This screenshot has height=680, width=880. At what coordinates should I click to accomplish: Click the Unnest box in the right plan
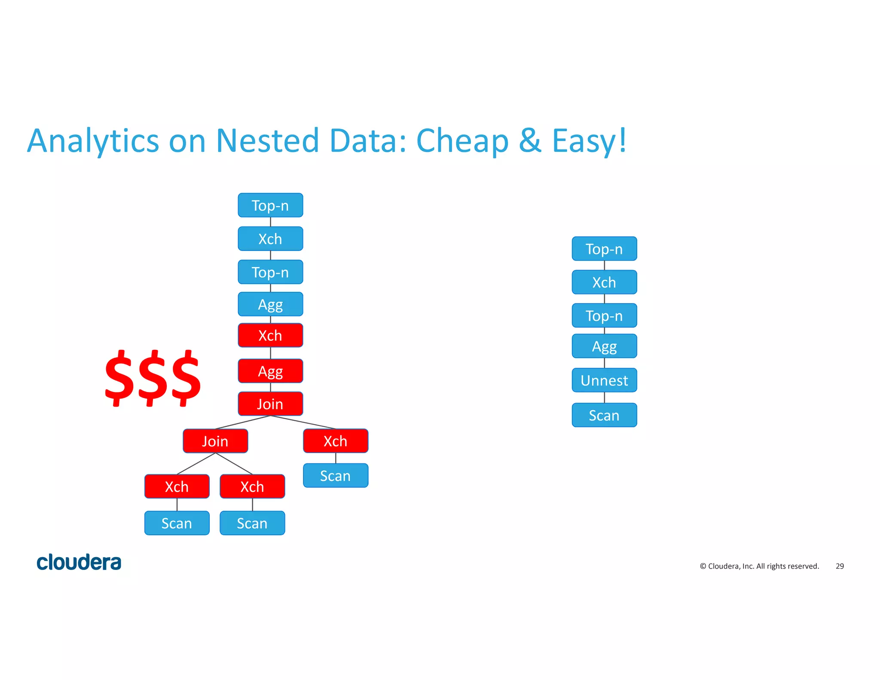click(x=604, y=380)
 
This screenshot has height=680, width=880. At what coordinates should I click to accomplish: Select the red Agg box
click(x=270, y=371)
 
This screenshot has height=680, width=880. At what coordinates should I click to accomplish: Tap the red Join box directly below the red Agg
click(x=270, y=404)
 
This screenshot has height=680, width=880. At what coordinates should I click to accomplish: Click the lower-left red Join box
click(x=215, y=441)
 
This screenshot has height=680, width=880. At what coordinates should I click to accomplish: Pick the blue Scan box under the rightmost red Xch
click(x=336, y=475)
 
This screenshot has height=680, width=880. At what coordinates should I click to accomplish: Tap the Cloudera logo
click(x=79, y=562)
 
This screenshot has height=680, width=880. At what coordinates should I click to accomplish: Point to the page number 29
click(x=840, y=566)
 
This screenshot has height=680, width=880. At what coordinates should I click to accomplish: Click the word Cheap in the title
click(x=462, y=141)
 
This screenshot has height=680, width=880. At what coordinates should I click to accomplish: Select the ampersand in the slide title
click(x=530, y=141)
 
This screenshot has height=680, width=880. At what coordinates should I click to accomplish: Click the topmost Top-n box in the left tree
click(x=270, y=205)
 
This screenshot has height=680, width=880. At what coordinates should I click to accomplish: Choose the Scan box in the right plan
click(x=604, y=415)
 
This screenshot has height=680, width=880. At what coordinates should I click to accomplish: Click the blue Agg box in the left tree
click(x=270, y=304)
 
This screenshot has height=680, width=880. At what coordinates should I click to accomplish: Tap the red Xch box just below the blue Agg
click(x=270, y=335)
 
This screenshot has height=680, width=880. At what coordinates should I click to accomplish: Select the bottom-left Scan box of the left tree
click(x=177, y=523)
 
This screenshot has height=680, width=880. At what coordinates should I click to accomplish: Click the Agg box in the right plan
click(x=604, y=346)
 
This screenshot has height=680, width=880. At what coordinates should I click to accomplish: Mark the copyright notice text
click(x=759, y=566)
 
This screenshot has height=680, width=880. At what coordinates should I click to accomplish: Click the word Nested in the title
click(x=267, y=141)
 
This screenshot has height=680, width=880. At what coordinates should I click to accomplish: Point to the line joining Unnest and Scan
click(x=605, y=398)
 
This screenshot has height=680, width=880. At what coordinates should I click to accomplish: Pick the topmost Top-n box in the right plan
click(x=604, y=249)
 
